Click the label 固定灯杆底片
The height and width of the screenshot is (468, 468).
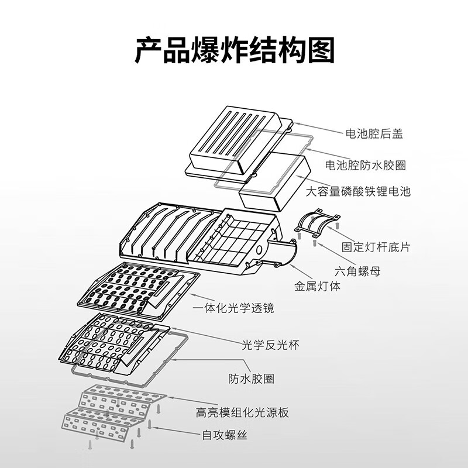pyautogui.click(x=376, y=247)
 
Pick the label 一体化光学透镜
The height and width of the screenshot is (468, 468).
pyautogui.click(x=234, y=308)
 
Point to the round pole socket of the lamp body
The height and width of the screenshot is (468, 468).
pyautogui.click(x=284, y=255)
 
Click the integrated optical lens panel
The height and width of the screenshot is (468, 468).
pyautogui.click(x=135, y=288)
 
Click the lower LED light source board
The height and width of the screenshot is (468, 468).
pyautogui.click(x=105, y=424)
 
